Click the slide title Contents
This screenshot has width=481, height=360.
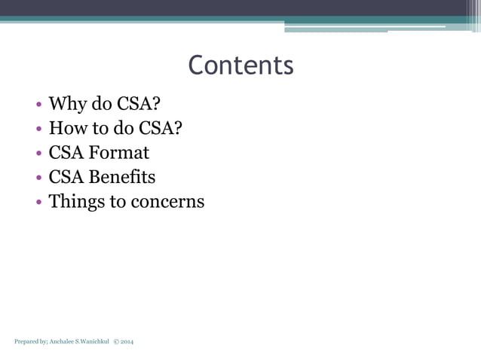[x=240, y=66]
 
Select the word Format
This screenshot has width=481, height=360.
[x=119, y=153]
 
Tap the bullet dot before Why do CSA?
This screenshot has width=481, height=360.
[x=39, y=105]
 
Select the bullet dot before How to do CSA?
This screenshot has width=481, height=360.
[x=39, y=129]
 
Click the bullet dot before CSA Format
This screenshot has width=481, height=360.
[x=39, y=154]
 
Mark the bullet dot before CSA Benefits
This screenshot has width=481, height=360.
[x=39, y=178]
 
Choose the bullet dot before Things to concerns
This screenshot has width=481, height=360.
[x=39, y=203]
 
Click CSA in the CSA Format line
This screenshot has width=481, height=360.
[x=66, y=153]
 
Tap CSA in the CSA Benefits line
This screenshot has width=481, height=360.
[x=66, y=177]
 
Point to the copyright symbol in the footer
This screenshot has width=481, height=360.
[x=116, y=342]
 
